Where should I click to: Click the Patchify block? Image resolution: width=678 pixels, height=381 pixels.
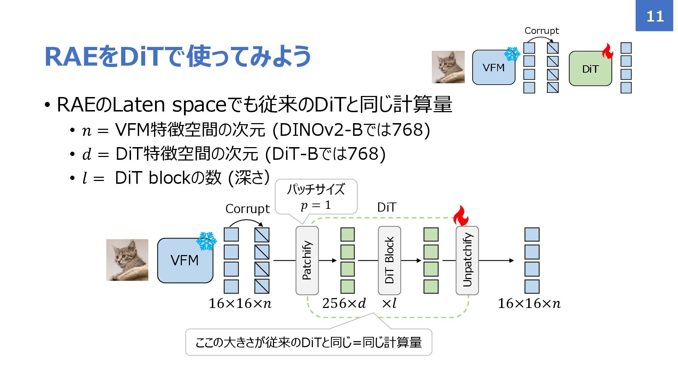(x=307, y=260)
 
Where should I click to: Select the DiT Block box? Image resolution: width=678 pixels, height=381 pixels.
(x=389, y=260)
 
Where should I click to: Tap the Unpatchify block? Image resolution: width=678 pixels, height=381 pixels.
(x=467, y=260)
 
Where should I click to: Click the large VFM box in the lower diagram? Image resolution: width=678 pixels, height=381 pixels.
(x=185, y=260)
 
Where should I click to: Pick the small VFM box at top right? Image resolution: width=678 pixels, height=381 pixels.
(x=493, y=67)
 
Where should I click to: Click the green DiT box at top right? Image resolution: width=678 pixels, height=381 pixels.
(x=590, y=69)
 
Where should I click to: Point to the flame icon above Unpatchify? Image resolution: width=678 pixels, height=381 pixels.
(x=460, y=216)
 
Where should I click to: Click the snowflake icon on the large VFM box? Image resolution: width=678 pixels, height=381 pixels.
(x=206, y=241)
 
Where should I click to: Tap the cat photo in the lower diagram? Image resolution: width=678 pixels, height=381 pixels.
(x=127, y=260)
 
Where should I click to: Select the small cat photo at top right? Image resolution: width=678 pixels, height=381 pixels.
(x=448, y=67)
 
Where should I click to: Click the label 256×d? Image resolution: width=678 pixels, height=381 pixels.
(x=344, y=303)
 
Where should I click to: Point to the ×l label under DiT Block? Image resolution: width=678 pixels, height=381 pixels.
(x=389, y=303)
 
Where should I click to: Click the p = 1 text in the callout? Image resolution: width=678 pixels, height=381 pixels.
(x=316, y=205)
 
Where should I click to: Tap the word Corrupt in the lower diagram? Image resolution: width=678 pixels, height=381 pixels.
(x=247, y=209)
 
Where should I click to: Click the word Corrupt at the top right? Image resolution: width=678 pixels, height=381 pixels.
(x=542, y=31)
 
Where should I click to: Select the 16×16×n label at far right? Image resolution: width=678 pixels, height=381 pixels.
(x=529, y=303)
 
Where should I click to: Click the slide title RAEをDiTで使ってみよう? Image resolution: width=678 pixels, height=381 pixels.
(x=178, y=56)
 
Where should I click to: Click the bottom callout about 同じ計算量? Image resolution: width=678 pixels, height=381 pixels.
(x=308, y=342)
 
